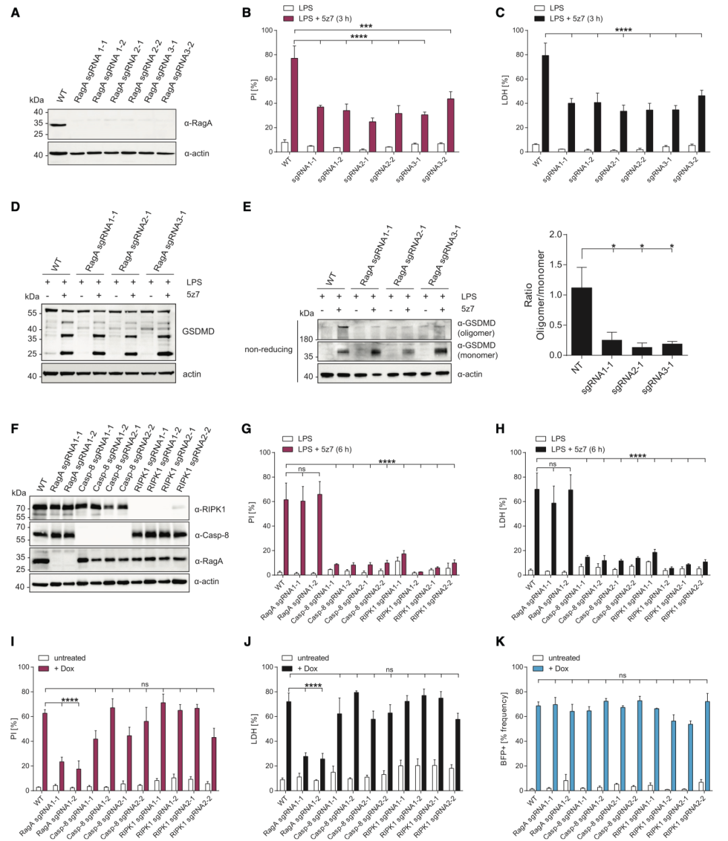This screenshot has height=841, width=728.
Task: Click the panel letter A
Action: tap(16, 13)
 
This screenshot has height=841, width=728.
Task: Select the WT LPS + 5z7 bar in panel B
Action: tap(294, 105)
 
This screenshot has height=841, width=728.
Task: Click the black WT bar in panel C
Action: tap(545, 103)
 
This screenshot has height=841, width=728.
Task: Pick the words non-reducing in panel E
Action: tap(268, 349)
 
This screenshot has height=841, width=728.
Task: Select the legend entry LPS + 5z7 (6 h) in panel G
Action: tap(324, 449)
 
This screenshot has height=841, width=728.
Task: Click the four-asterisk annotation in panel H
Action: tap(637, 457)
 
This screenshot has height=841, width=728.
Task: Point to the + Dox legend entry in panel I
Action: tap(65, 668)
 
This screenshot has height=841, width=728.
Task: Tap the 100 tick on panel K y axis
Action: tap(519, 667)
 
